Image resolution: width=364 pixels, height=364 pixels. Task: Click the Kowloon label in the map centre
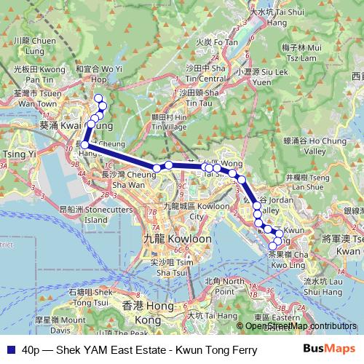coord(169,239)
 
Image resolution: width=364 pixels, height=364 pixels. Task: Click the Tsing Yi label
coord(15,154)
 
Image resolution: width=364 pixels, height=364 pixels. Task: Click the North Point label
coord(223,285)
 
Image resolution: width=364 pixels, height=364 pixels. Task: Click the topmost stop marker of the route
coord(98,98)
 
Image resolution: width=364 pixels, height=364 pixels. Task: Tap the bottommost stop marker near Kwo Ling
coord(273,246)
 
